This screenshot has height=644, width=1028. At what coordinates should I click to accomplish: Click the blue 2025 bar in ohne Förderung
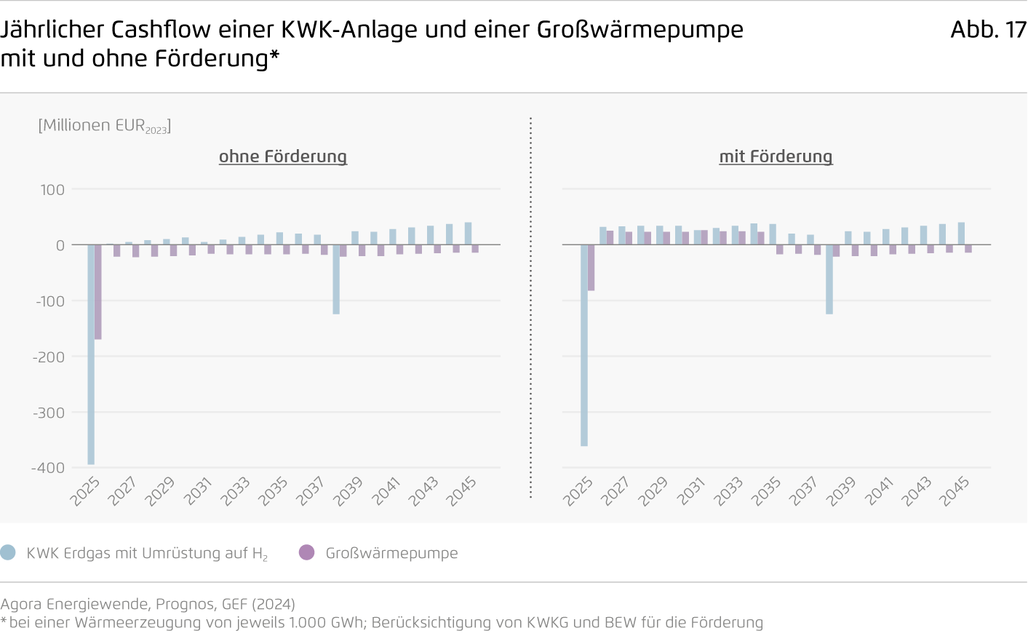tap(91, 354)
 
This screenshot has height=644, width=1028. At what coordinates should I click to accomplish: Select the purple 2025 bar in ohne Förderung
tap(98, 292)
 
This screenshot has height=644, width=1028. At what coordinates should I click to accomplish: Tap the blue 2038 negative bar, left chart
tap(336, 279)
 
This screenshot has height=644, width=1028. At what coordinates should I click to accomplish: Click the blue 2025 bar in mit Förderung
tap(584, 345)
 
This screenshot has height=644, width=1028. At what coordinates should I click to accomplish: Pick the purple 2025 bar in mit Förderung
tap(591, 268)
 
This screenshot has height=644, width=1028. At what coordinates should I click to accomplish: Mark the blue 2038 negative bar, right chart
tap(829, 279)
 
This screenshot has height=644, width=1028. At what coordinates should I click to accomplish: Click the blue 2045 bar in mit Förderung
tap(961, 234)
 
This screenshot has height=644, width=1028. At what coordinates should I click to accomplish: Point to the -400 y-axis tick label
tap(48, 468)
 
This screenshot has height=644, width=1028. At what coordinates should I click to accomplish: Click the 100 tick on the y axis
tap(52, 190)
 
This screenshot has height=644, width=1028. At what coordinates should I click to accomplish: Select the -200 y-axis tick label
tap(48, 357)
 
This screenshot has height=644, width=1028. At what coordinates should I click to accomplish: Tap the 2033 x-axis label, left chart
tap(235, 491)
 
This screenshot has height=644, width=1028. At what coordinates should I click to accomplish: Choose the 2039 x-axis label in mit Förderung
tap(841, 491)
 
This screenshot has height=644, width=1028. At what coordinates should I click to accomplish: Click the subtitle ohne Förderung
tap(283, 156)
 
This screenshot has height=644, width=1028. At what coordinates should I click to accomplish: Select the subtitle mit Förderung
tap(776, 156)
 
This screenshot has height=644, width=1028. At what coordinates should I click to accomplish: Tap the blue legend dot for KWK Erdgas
tap(8, 552)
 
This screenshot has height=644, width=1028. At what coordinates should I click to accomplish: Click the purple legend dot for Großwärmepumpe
tap(307, 552)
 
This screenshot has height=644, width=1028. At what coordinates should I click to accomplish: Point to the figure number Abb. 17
tap(988, 30)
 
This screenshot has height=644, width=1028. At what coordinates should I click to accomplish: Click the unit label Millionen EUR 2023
tap(105, 126)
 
